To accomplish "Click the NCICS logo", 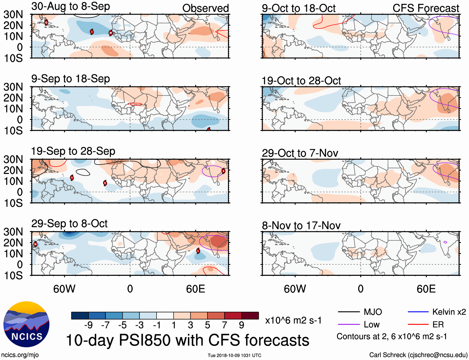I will click(26, 324).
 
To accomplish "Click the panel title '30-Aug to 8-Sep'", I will click(71, 7).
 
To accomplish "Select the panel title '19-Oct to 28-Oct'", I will click(301, 81).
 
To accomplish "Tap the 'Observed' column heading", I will click(205, 8).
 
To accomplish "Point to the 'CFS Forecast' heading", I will click(426, 8).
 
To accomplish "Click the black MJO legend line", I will click(348, 312).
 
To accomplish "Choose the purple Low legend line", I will click(348, 325).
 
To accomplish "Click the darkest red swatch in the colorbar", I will click(250, 316).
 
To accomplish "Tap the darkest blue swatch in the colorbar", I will click(80, 316).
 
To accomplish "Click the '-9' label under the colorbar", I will click(89, 325).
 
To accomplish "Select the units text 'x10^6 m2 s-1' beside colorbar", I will click(293, 320).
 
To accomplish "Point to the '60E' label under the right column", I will click(426, 289).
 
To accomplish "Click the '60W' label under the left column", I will click(64, 289).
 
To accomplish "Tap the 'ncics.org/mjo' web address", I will click(20, 355).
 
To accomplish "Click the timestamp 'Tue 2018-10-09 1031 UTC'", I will click(234, 355).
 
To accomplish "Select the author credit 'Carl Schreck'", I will click(387, 355).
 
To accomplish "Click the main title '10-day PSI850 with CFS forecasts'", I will click(188, 340).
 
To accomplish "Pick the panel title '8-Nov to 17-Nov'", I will click(301, 226).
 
